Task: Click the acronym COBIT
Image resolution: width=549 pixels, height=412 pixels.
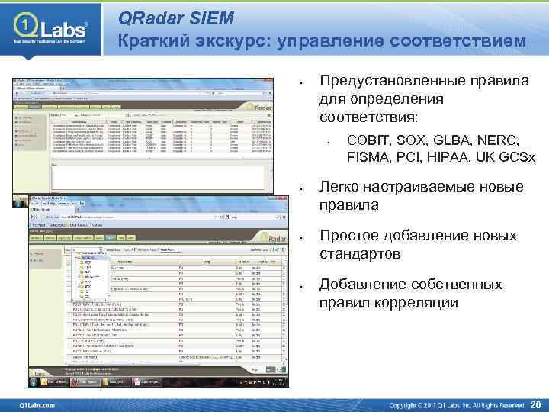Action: tap(370, 141)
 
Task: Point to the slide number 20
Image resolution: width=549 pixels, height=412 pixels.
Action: tap(536, 404)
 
